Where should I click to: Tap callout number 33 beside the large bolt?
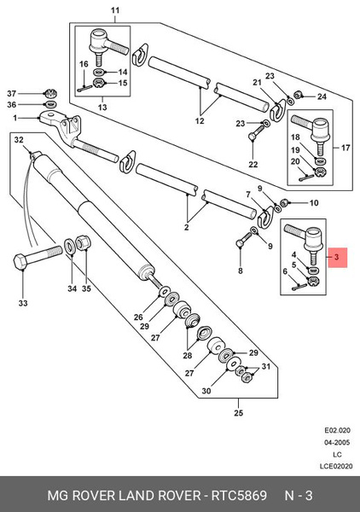(x=23, y=304)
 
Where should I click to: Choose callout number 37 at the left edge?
(x=12, y=92)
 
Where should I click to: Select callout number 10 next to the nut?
(x=313, y=203)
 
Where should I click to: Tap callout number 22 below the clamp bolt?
(x=253, y=164)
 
